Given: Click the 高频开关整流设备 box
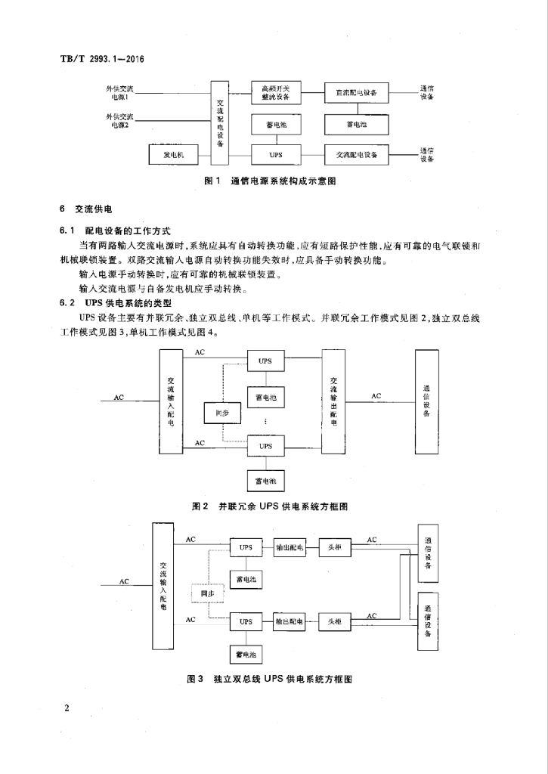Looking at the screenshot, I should tap(276, 93).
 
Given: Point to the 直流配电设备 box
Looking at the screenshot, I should tap(357, 93).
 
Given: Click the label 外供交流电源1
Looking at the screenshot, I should tap(120, 93).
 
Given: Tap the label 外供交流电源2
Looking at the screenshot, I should tap(120, 120).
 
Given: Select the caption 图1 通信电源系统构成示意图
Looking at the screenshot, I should tap(270, 181).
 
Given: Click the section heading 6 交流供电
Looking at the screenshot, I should tap(85, 208).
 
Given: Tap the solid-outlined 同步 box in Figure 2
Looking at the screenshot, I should tap(221, 413).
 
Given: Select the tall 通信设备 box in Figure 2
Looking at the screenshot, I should tap(427, 401).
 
